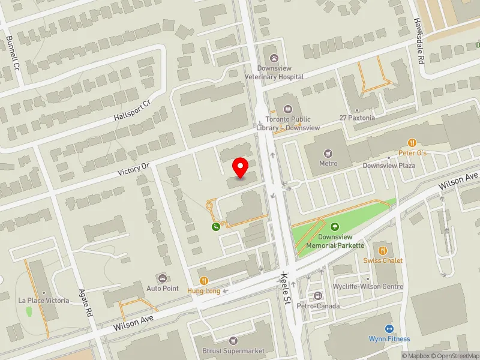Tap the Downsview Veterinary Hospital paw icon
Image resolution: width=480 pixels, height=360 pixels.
click(x=275, y=58)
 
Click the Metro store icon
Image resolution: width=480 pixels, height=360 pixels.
click(x=328, y=154)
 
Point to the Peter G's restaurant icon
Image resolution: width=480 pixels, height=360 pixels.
click(x=412, y=143)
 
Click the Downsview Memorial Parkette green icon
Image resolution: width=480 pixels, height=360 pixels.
click(x=335, y=227)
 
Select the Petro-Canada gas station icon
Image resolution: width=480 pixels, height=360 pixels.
click(x=317, y=296)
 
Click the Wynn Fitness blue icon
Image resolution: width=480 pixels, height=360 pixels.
click(x=389, y=328)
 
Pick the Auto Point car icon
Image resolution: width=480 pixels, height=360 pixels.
click(x=163, y=278)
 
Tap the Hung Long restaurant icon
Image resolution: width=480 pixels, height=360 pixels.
click(x=204, y=280)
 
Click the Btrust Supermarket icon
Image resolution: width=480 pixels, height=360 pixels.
click(x=234, y=341)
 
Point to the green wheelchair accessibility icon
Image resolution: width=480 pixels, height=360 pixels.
click(x=215, y=226)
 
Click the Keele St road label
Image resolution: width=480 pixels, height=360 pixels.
click(x=287, y=288)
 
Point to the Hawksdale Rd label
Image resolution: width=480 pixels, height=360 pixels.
click(x=419, y=41)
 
